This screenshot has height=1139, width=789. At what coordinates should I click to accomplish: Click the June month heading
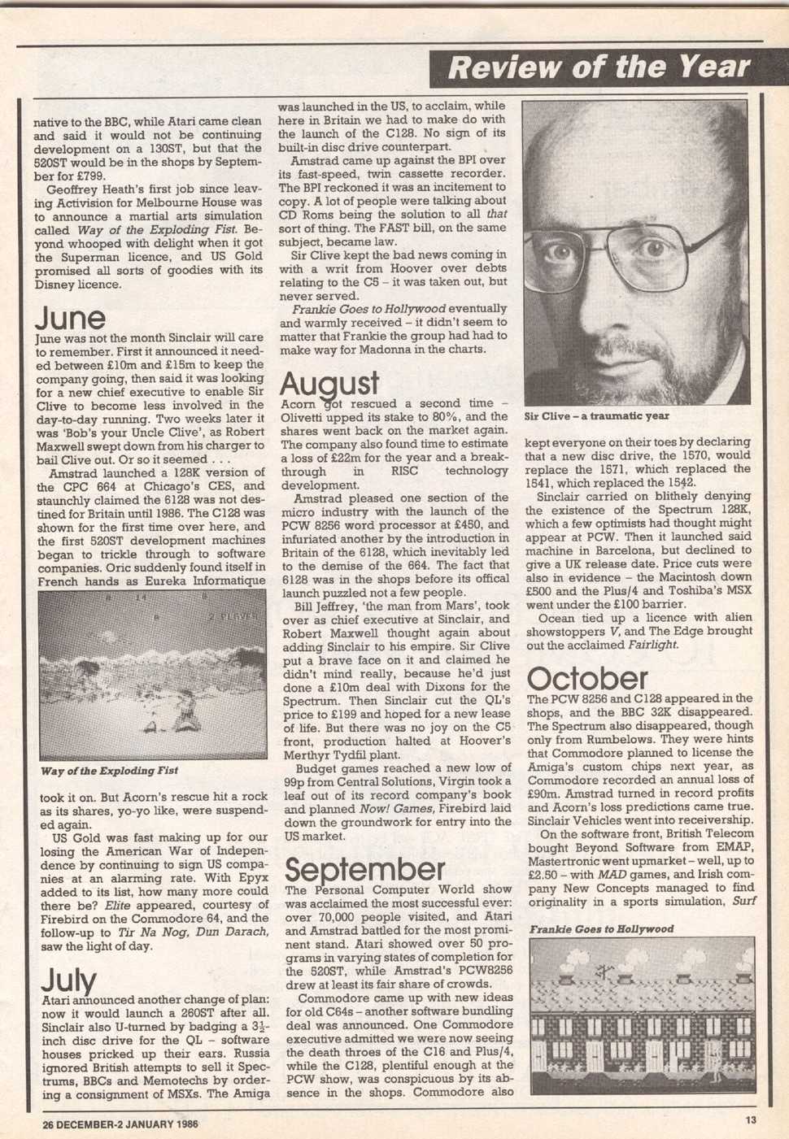click(x=70, y=317)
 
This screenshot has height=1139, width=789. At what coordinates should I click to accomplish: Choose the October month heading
click(x=587, y=679)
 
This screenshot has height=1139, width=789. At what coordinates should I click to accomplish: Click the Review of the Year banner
click(x=599, y=67)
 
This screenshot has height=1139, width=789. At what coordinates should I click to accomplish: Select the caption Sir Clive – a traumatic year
click(x=596, y=416)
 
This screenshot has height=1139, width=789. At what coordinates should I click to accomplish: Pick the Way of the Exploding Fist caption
click(x=109, y=771)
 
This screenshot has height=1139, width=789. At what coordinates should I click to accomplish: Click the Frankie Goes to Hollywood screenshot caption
click(x=601, y=928)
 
